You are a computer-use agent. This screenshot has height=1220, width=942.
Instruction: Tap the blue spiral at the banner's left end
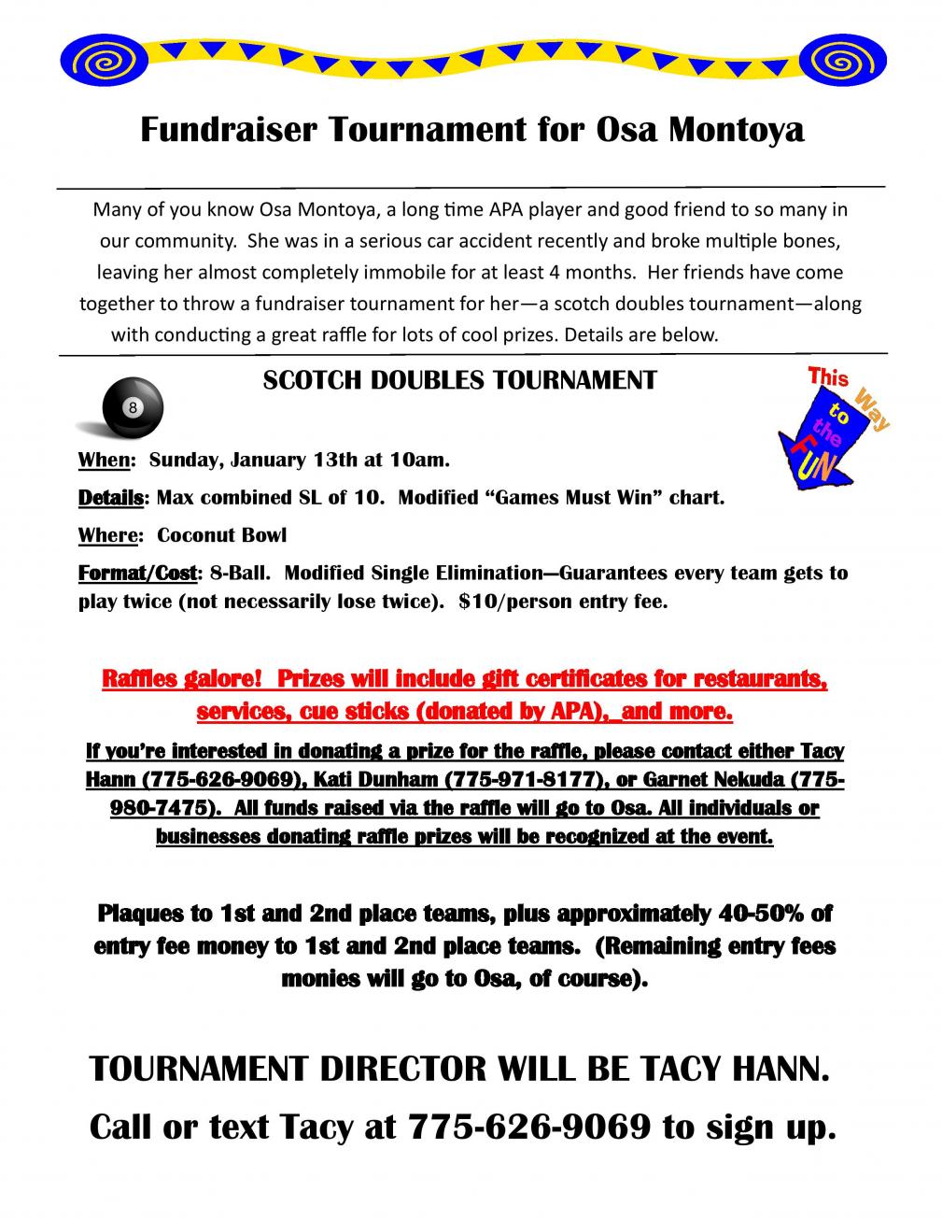pyautogui.click(x=93, y=63)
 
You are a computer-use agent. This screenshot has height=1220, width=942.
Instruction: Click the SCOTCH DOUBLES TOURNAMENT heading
pyautogui.click(x=460, y=379)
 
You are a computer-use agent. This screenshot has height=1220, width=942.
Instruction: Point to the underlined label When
pyautogui.click(x=105, y=461)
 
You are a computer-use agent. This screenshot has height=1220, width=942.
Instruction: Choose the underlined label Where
pyautogui.click(x=109, y=536)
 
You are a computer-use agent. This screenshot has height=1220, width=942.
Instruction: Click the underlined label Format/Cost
pyautogui.click(x=138, y=573)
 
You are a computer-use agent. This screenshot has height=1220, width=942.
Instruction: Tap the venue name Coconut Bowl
pyautogui.click(x=222, y=536)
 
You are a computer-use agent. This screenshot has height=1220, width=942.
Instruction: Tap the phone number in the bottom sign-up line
pyautogui.click(x=529, y=1128)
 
